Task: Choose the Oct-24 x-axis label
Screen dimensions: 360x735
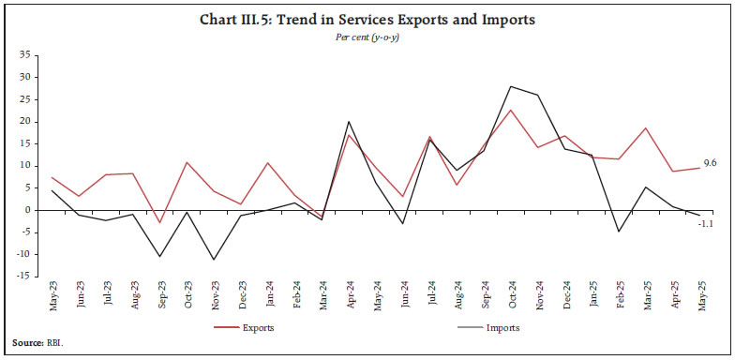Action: point(510,298)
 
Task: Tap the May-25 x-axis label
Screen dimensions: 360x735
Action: point(698,298)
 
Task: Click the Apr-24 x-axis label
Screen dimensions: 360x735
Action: point(350,298)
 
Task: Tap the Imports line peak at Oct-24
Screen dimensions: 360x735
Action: point(510,86)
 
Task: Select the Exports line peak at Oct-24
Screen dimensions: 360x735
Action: point(510,110)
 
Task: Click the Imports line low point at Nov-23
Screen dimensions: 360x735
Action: point(216,260)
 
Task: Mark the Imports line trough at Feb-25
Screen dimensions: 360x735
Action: point(618,232)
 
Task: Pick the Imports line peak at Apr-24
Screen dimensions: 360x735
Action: point(350,122)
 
